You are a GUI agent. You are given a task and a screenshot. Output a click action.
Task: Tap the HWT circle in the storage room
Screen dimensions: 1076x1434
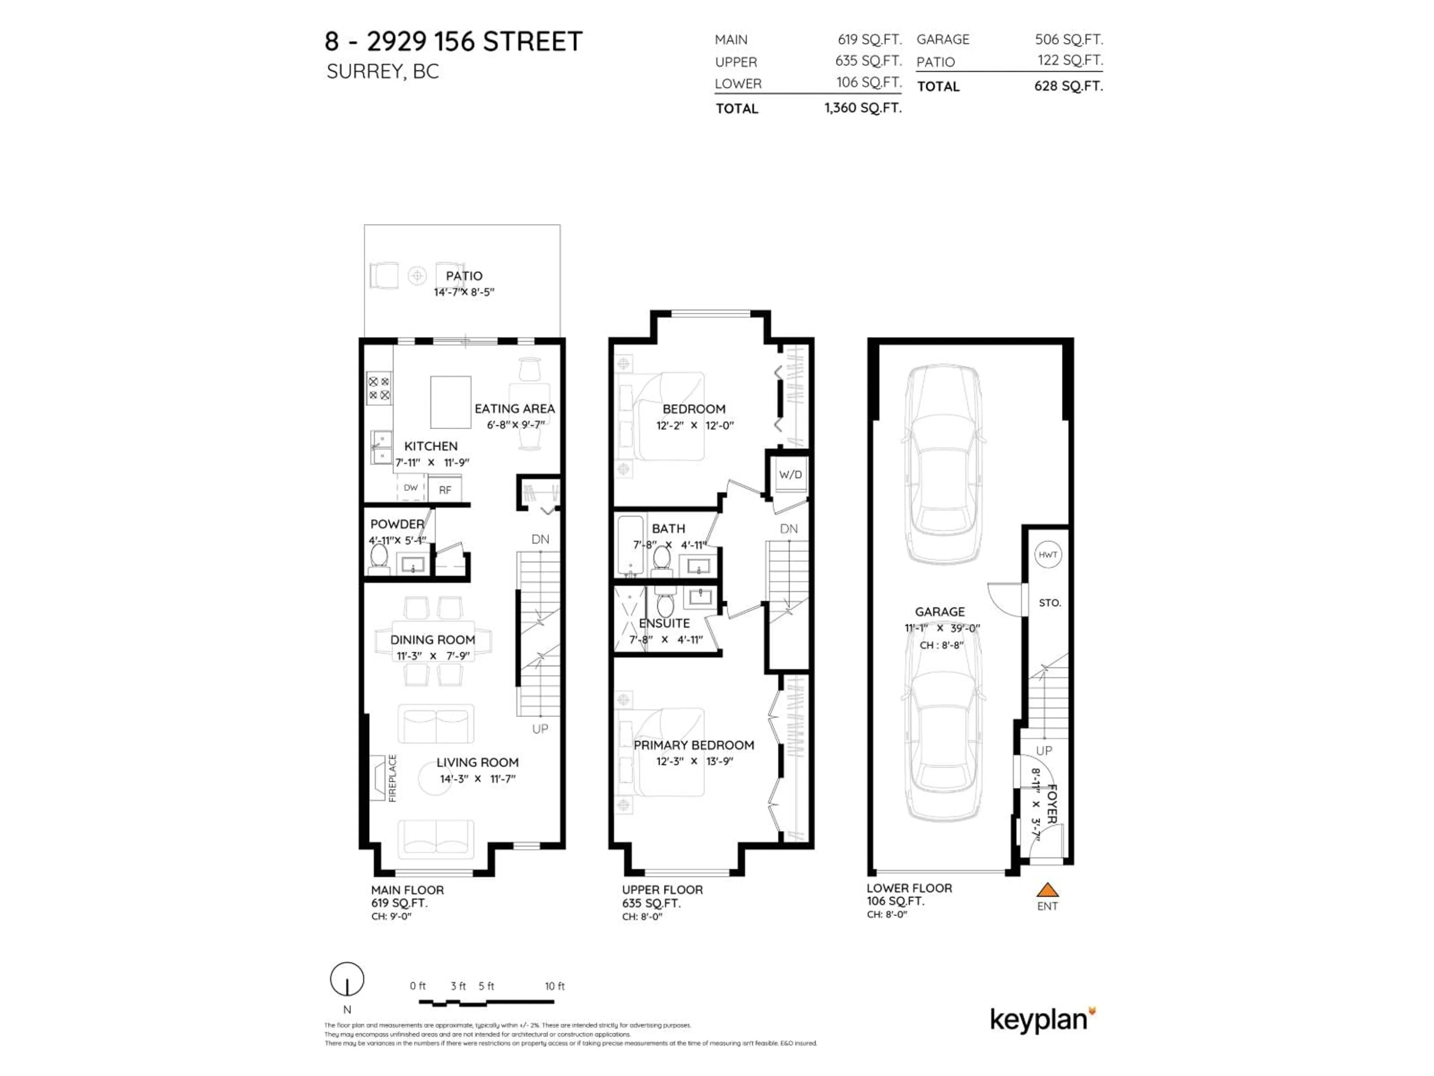1047,554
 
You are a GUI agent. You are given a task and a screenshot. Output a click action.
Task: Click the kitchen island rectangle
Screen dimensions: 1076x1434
451,402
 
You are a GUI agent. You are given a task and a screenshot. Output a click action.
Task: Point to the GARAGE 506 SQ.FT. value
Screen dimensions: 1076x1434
1068,40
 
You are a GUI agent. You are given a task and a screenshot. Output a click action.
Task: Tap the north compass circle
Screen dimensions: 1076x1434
347,979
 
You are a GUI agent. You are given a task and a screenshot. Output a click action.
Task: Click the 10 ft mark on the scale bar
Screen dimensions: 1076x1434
554,986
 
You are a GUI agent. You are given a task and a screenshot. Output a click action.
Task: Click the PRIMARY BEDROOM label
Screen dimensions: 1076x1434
694,745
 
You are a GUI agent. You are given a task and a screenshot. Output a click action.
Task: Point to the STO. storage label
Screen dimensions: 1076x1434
1050,603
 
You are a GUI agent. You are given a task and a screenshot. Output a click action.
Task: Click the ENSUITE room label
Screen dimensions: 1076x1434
664,623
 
